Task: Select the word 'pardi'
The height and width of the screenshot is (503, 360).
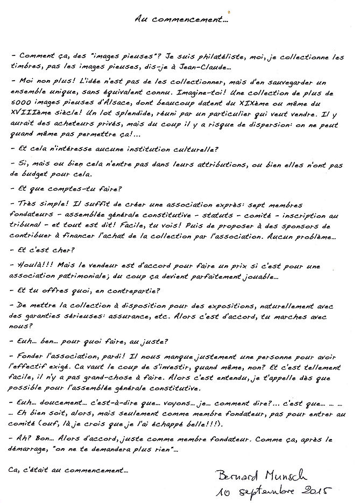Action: coord(117,357)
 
